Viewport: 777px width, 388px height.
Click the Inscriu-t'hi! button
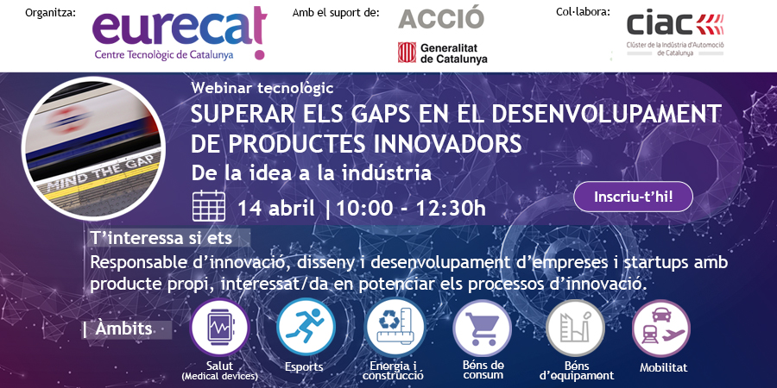point(633,197)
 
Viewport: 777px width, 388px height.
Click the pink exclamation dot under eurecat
point(259,54)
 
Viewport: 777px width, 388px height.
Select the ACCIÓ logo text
point(441,17)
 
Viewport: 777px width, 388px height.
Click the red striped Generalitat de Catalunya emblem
point(407,53)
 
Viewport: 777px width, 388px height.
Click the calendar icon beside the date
point(209,205)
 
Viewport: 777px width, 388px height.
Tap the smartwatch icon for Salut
point(219,327)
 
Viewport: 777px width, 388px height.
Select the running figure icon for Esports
point(306,327)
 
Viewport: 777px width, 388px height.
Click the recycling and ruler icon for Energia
point(395,327)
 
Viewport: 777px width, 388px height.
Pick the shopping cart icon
point(482,328)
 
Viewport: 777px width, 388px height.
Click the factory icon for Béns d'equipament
point(575,328)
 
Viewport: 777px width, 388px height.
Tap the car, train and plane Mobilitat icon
point(661,329)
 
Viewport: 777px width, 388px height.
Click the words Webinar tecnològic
point(262,88)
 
